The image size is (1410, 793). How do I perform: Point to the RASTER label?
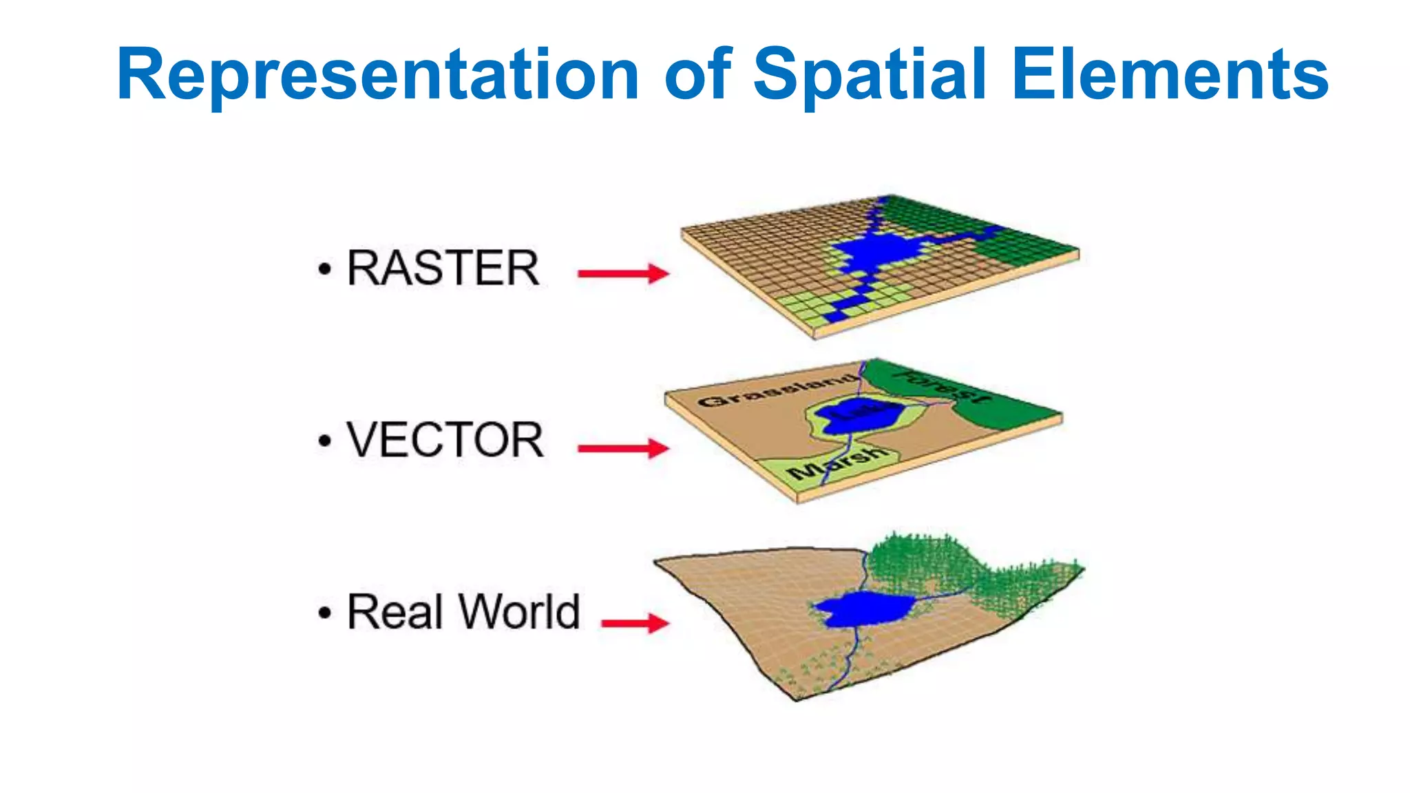pyautogui.click(x=443, y=268)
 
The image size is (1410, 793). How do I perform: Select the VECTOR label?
pyautogui.click(x=445, y=441)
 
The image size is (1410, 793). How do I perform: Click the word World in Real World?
pyautogui.click(x=520, y=612)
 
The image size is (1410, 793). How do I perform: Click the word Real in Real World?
pyautogui.click(x=394, y=612)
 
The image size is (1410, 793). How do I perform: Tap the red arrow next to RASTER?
pyautogui.click(x=622, y=273)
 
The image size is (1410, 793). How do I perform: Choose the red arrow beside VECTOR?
pyautogui.click(x=622, y=449)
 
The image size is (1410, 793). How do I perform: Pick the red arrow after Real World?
pyautogui.click(x=634, y=624)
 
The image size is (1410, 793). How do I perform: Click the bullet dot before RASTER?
pyautogui.click(x=324, y=270)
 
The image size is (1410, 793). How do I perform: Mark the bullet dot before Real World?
pyautogui.click(x=324, y=613)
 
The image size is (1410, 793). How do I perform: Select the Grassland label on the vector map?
pyautogui.click(x=778, y=391)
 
